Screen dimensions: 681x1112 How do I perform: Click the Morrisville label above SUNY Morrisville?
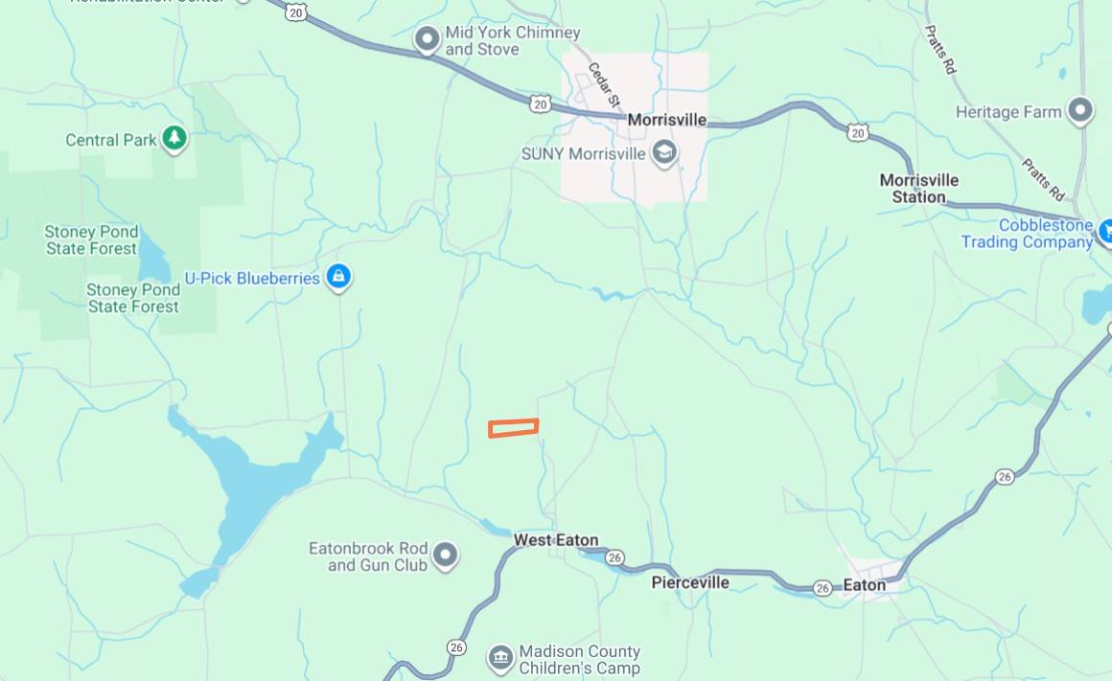click(x=666, y=121)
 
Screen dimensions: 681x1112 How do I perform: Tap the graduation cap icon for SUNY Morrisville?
click(x=663, y=152)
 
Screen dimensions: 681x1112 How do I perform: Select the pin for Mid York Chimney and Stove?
click(x=426, y=40)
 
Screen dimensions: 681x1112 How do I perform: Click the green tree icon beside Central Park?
click(x=174, y=139)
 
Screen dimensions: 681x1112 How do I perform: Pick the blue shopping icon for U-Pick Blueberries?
click(x=337, y=278)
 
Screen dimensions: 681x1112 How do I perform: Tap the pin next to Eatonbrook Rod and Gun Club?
click(x=445, y=555)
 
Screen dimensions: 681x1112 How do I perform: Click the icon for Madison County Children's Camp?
click(x=499, y=657)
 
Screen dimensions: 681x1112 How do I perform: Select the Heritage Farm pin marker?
click(x=1080, y=111)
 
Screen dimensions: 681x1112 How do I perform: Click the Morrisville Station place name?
click(x=918, y=188)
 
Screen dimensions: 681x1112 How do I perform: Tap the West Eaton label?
click(x=556, y=540)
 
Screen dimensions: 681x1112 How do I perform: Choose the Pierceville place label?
click(x=690, y=582)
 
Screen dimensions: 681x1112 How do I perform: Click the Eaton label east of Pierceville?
click(x=864, y=584)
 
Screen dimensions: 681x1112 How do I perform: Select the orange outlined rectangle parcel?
click(x=513, y=428)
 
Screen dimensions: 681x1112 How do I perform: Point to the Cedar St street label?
click(x=605, y=84)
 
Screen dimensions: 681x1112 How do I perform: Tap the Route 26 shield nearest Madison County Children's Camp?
click(x=456, y=647)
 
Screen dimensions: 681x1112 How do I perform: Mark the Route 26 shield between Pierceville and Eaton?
click(x=822, y=588)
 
